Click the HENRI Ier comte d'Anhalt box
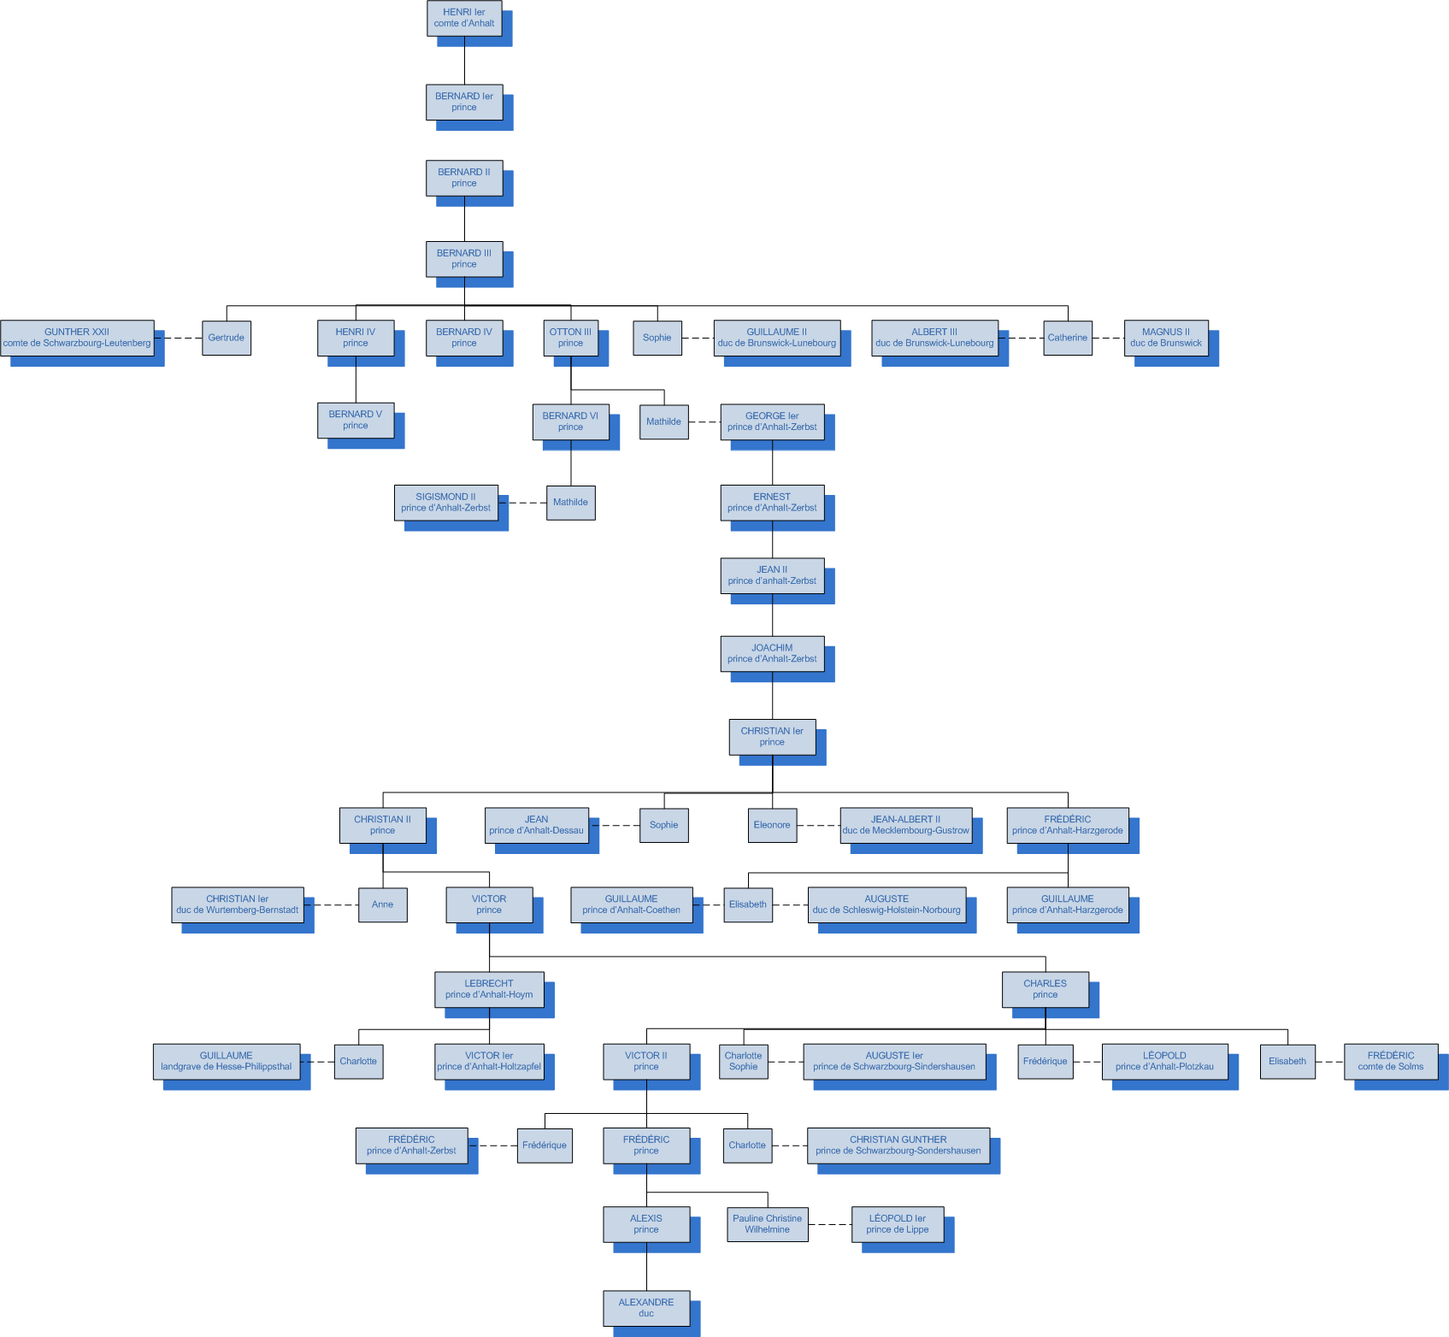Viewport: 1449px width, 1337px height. coord(464,18)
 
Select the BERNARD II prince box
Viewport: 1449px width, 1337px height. coord(464,178)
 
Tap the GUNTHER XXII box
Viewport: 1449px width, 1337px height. coord(77,338)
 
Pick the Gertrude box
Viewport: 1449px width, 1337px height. coord(227,338)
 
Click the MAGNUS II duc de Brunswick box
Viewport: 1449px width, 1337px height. coord(1166,338)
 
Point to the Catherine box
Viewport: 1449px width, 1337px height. coord(1068,338)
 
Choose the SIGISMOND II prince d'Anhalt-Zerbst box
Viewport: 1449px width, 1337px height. coord(446,503)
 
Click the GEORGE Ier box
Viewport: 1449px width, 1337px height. coord(772,421)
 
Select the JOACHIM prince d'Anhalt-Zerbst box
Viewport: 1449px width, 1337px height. coord(772,653)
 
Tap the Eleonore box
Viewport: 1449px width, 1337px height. coord(772,825)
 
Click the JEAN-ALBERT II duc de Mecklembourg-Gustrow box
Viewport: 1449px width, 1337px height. coord(906,825)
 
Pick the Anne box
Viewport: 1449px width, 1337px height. coord(383,904)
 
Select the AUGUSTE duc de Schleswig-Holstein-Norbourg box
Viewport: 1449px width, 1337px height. coord(886,904)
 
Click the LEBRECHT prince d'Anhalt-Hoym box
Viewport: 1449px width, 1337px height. coord(489,989)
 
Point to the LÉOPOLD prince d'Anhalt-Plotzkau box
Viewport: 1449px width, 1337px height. coord(1164,1061)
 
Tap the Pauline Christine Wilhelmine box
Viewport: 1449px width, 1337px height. coord(768,1224)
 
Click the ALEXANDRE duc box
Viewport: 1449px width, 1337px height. coord(646,1308)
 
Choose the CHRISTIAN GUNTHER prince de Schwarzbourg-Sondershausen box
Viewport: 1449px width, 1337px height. coord(898,1146)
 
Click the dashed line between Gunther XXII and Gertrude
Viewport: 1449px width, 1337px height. coord(183,338)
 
